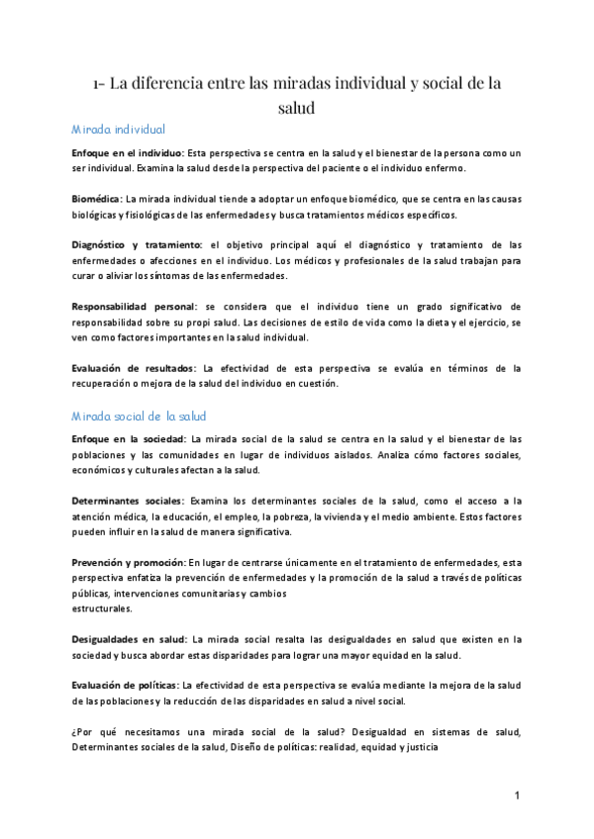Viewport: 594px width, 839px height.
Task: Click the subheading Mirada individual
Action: pyautogui.click(x=119, y=130)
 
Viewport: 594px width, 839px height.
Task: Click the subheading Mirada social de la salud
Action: pyautogui.click(x=139, y=416)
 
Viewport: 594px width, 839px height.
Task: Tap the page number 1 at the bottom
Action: pyautogui.click(x=518, y=796)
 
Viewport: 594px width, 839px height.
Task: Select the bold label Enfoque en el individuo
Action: pyautogui.click(x=127, y=154)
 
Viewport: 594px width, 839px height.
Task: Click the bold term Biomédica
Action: pyautogui.click(x=96, y=199)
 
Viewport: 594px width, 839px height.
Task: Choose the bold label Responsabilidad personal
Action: pyautogui.click(x=134, y=307)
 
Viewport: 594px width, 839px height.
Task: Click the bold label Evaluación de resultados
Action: pyautogui.click(x=134, y=369)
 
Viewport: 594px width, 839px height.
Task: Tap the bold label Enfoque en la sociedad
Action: pyautogui.click(x=129, y=439)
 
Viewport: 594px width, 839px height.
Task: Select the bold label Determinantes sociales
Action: pyautogui.click(x=128, y=502)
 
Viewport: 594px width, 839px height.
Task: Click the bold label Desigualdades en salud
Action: pyautogui.click(x=127, y=639)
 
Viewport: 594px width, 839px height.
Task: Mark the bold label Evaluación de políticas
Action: pyautogui.click(x=125, y=686)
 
